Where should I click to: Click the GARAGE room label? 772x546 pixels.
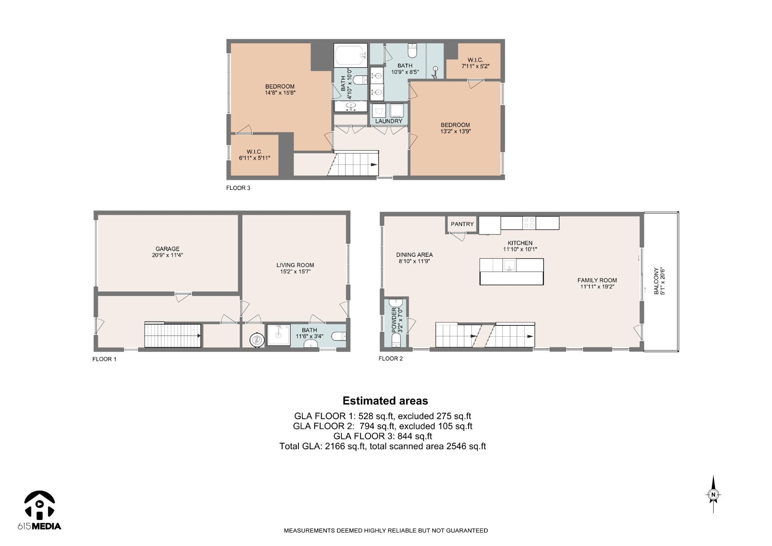tap(167, 249)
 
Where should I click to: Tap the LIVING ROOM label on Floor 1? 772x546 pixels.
tap(295, 265)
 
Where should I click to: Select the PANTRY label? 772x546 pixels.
tap(462, 224)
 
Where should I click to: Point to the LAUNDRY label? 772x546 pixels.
tap(389, 121)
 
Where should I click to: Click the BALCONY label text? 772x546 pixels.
tap(656, 281)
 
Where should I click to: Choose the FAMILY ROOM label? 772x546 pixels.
tap(597, 280)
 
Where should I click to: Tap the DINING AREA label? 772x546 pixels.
tap(414, 255)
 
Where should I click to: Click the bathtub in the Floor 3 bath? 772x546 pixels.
tap(351, 55)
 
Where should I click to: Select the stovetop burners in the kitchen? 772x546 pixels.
tap(529, 223)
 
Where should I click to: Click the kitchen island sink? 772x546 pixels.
tap(509, 265)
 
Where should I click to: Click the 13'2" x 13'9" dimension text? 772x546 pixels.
tap(455, 132)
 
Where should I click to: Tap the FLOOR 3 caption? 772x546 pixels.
tap(238, 188)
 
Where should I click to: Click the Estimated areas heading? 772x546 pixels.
tap(385, 400)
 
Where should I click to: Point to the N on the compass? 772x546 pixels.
tap(713, 495)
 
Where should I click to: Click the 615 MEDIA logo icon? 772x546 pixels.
tap(40, 504)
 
